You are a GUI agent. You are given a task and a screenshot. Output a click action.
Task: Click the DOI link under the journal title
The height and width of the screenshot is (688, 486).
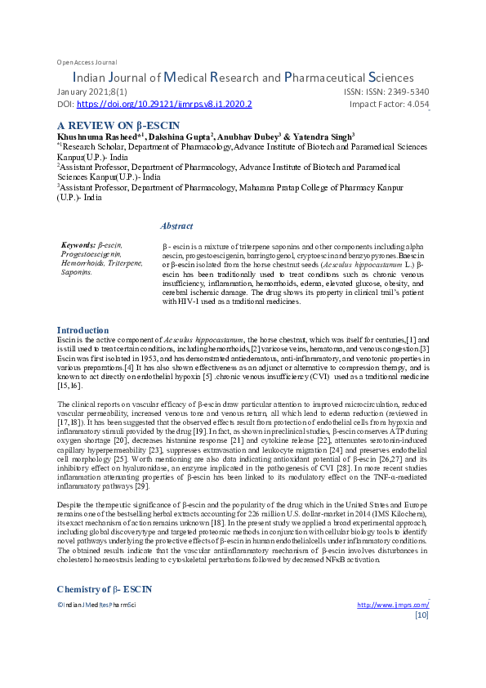[163, 105]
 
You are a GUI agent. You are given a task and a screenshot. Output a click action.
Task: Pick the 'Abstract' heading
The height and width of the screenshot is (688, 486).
[176, 226]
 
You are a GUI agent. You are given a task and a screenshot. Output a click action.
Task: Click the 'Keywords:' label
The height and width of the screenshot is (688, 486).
[78, 244]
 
